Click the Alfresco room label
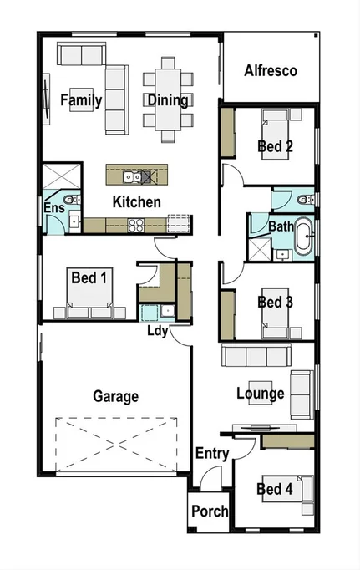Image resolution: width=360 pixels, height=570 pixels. click(x=270, y=71)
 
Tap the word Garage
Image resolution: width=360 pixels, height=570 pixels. click(x=115, y=396)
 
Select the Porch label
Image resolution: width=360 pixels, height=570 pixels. click(x=210, y=511)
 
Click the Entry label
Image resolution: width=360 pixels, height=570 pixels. click(x=212, y=453)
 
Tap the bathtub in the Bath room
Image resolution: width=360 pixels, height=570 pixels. click(x=301, y=237)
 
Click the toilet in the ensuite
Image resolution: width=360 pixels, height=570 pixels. click(x=74, y=199)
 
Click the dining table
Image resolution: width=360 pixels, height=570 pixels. click(x=168, y=99)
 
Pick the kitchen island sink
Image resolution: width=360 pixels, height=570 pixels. click(x=131, y=176)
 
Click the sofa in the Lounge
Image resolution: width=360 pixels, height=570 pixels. click(x=255, y=356)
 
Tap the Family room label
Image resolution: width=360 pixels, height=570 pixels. click(x=81, y=100)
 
